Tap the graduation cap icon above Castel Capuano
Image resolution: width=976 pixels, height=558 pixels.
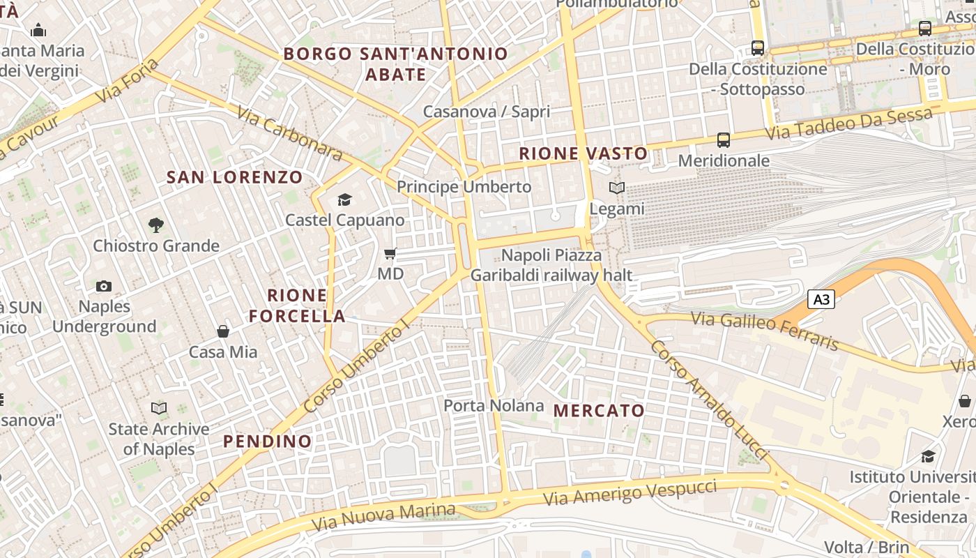344,200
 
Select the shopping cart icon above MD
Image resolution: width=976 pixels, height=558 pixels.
390,254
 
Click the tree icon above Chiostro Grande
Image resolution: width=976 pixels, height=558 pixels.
156,225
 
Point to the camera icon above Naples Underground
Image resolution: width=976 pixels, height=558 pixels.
104,286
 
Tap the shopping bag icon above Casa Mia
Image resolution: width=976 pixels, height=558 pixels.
223,331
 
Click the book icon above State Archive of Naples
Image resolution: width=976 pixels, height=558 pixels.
159,408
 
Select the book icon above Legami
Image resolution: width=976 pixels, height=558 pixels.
617,188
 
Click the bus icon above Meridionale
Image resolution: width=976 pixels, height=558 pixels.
724,140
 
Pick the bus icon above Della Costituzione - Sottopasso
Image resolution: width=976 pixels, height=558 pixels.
758,48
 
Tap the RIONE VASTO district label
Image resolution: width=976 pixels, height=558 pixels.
584,153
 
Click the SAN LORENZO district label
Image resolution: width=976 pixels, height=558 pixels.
234,177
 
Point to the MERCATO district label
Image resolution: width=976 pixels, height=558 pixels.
599,411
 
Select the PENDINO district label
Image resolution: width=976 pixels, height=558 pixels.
267,442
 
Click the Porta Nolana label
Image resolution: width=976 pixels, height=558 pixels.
494,405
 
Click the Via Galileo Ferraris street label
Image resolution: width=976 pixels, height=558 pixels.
765,331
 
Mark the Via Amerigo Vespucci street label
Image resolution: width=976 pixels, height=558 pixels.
630,492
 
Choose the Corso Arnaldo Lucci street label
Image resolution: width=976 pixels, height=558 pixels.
708,397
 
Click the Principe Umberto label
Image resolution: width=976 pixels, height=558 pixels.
464,187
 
